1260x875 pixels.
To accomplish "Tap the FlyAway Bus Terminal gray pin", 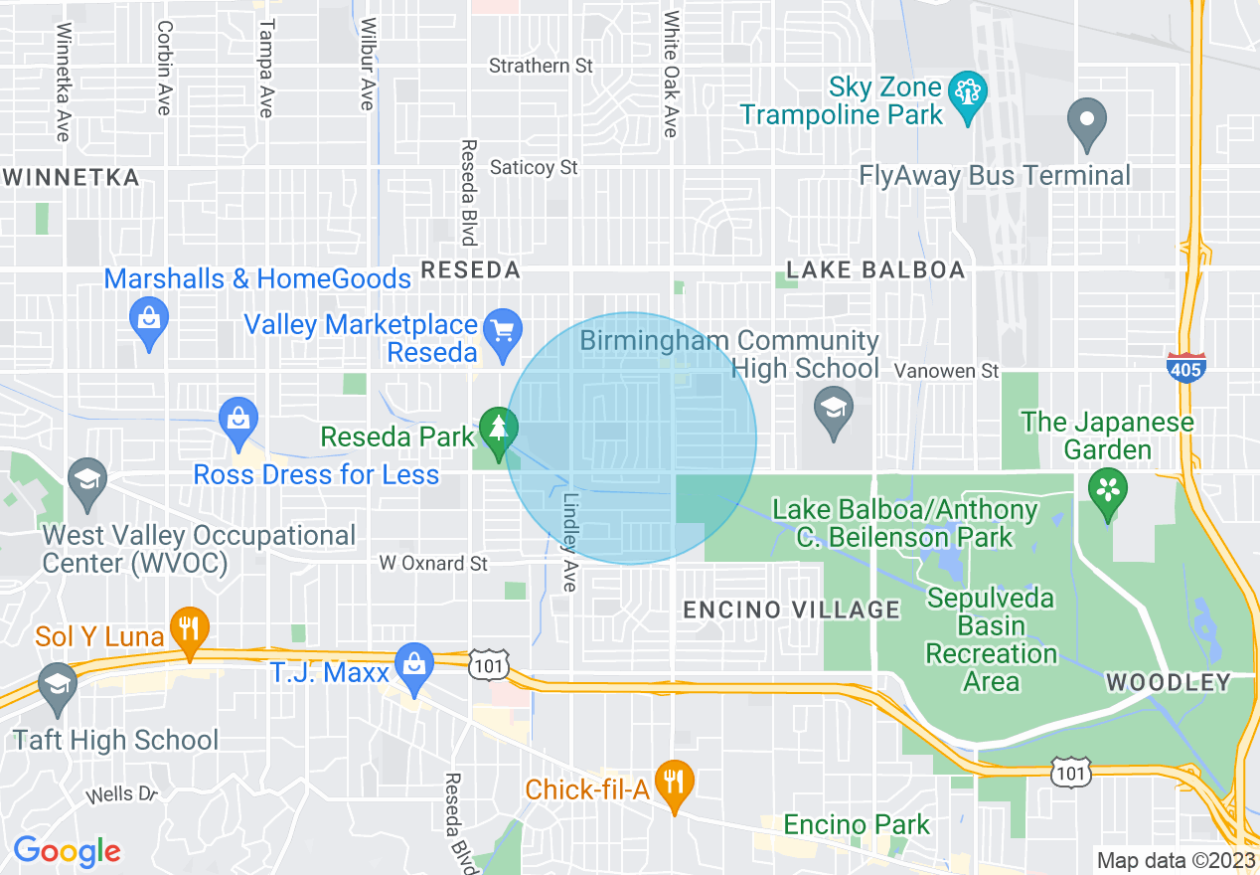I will pyautogui.click(x=1087, y=122).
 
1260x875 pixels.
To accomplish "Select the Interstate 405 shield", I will pyautogui.click(x=1186, y=367).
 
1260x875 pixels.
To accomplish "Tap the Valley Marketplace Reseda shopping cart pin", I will pyautogui.click(x=503, y=331).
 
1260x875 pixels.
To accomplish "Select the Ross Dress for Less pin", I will pyautogui.click(x=238, y=422).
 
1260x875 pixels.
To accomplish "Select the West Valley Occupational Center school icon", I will pyautogui.click(x=87, y=481).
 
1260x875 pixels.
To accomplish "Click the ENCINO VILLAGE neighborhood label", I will pyautogui.click(x=791, y=610).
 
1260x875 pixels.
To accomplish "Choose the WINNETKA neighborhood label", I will pyautogui.click(x=71, y=178).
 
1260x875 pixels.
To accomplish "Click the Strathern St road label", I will pyautogui.click(x=542, y=66).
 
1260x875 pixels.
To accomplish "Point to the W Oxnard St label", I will pyautogui.click(x=434, y=564).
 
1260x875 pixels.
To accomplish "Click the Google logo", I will pyautogui.click(x=67, y=851).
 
